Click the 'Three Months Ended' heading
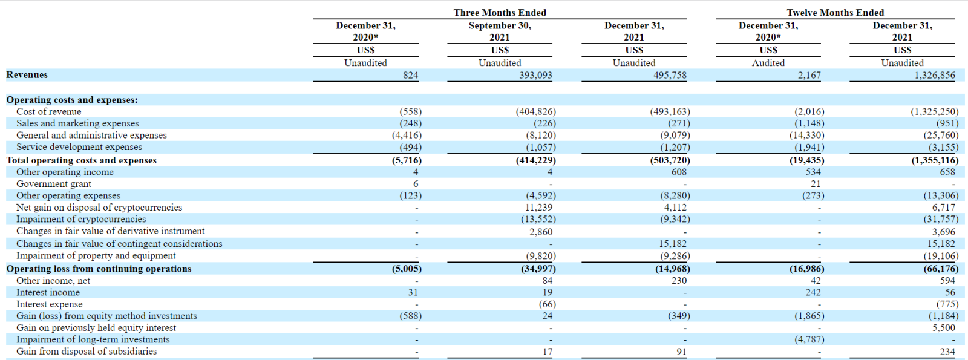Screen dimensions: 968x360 point(500,13)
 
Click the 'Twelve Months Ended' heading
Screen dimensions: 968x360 point(835,13)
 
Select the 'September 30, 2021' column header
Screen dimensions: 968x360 point(500,31)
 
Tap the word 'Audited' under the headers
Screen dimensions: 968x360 point(768,63)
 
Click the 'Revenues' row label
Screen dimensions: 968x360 point(27,75)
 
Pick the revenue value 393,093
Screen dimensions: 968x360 point(535,75)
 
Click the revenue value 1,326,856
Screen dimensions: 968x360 point(934,75)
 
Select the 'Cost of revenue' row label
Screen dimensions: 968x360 point(49,111)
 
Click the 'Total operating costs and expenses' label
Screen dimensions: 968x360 point(81,160)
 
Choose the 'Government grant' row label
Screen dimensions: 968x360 point(54,184)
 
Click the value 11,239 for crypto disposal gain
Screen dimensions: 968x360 point(538,208)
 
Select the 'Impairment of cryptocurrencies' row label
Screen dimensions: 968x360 point(81,219)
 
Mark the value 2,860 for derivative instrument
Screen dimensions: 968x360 point(541,232)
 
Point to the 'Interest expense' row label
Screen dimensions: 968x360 point(49,304)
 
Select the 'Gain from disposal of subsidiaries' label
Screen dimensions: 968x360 point(87,352)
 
